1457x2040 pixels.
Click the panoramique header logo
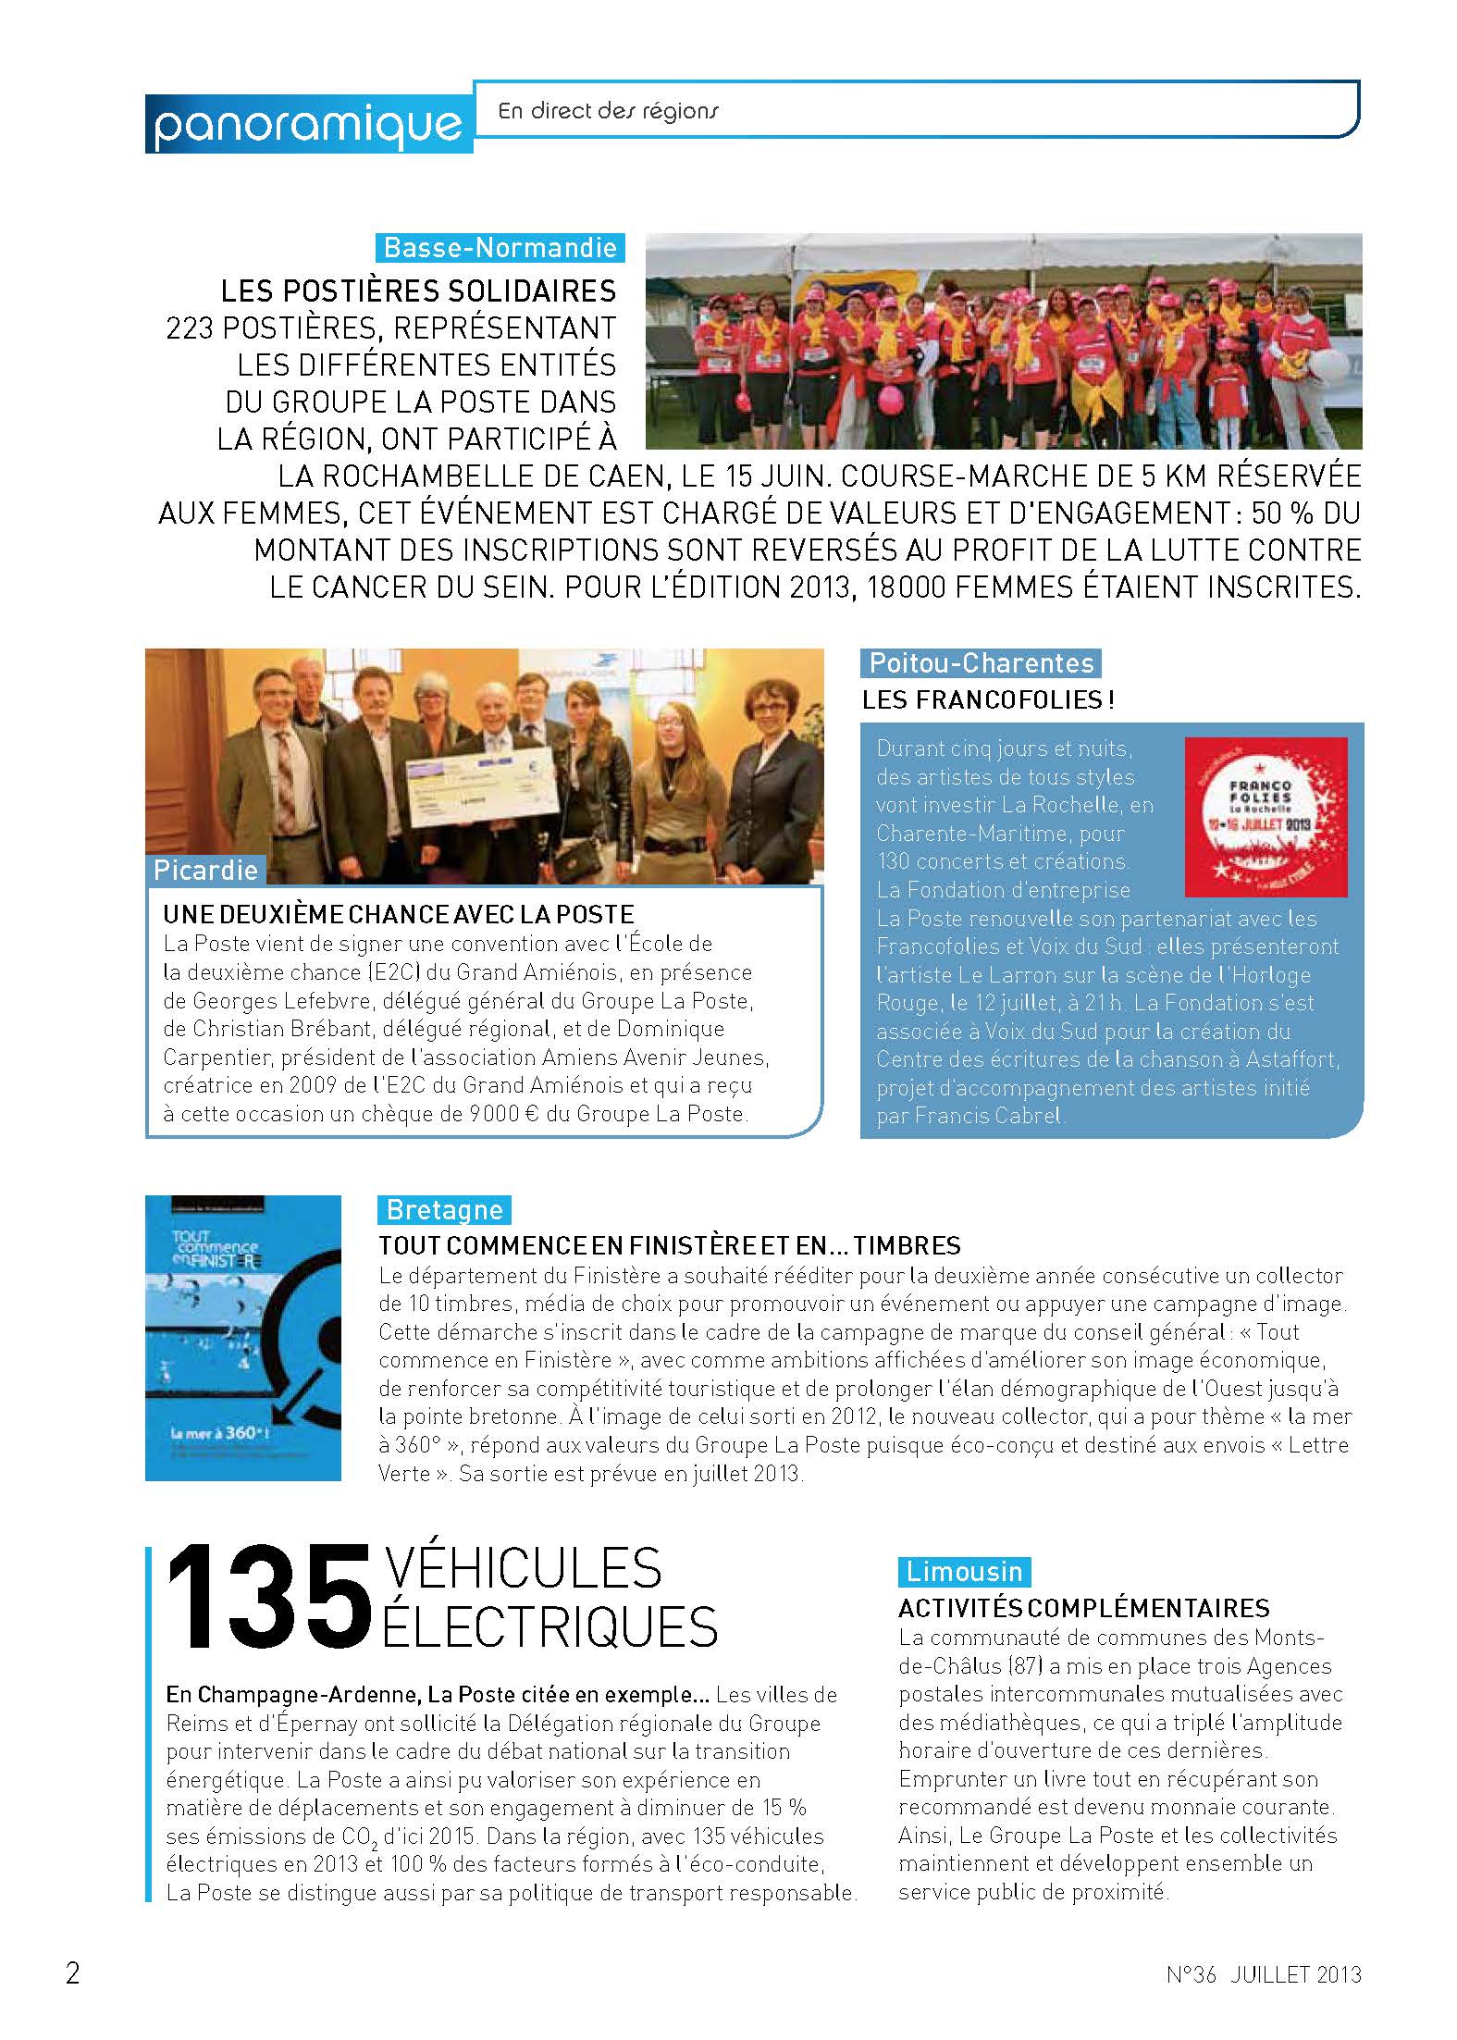(x=308, y=123)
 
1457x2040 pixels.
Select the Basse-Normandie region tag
(x=500, y=248)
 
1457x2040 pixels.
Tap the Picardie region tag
(x=205, y=870)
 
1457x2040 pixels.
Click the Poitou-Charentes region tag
(x=982, y=663)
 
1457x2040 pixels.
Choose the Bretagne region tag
(x=444, y=1210)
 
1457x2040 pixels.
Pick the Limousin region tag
(x=964, y=1572)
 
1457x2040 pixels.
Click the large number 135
(x=267, y=1599)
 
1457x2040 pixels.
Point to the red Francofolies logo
(x=1266, y=817)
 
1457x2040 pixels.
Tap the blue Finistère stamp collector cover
(x=243, y=1338)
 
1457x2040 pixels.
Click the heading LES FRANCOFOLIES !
(x=988, y=700)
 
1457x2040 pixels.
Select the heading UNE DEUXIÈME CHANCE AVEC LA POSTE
(x=399, y=915)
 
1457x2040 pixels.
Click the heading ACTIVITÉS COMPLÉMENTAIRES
(x=1084, y=1608)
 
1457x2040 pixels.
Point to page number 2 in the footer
(x=73, y=1973)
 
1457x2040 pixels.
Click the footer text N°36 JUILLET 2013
(x=1264, y=1974)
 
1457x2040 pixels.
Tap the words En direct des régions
(x=608, y=111)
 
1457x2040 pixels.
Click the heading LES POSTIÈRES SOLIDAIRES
(x=418, y=291)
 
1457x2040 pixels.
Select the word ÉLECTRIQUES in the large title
(x=550, y=1627)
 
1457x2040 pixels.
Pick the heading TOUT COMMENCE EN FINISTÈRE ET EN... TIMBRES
(x=670, y=1245)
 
